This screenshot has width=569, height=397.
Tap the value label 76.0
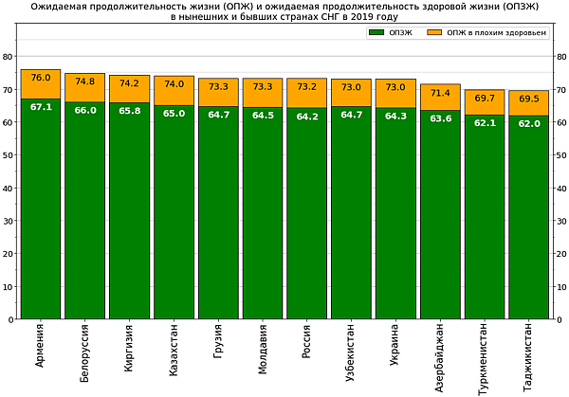pyautogui.click(x=41, y=78)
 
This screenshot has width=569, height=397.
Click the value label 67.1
pyautogui.click(x=41, y=107)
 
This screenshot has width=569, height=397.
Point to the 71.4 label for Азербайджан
pyautogui.click(x=440, y=93)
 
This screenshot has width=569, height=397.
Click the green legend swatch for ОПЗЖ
pyautogui.click(x=376, y=33)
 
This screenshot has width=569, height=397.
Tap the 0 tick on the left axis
pyautogui.click(x=10, y=320)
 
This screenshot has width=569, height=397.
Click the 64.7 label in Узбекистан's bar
pyautogui.click(x=352, y=115)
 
